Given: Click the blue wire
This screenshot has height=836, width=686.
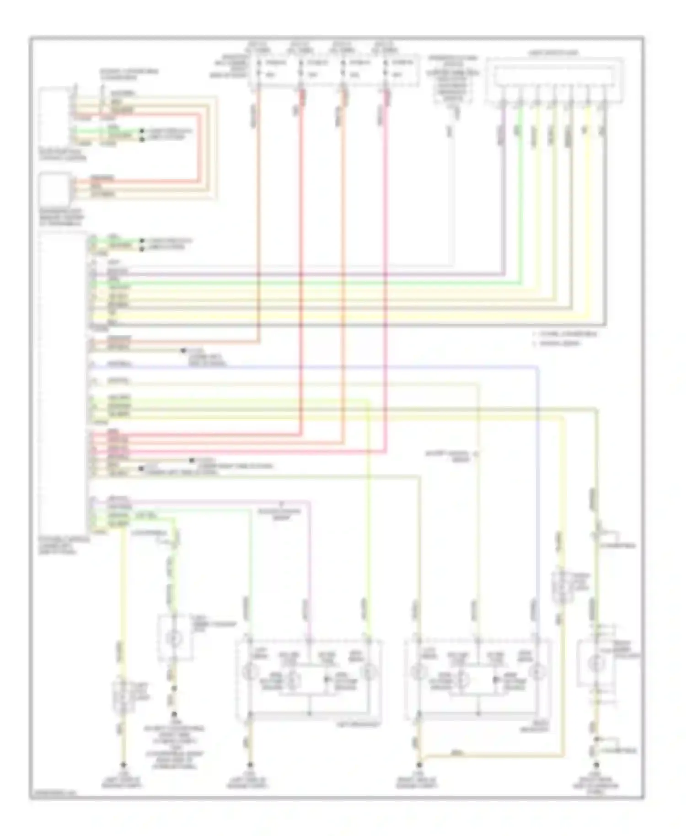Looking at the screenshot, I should tap(320, 366).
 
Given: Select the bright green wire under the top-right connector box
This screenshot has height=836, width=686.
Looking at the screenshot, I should tap(520, 183).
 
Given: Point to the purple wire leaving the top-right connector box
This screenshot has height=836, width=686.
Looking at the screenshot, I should tap(504, 183).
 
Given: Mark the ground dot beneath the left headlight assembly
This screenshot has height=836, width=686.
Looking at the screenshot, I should tap(250, 764).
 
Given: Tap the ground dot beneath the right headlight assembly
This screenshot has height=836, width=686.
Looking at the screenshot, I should tap(419, 764).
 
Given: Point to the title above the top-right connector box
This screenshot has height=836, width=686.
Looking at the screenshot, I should tap(553, 53).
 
